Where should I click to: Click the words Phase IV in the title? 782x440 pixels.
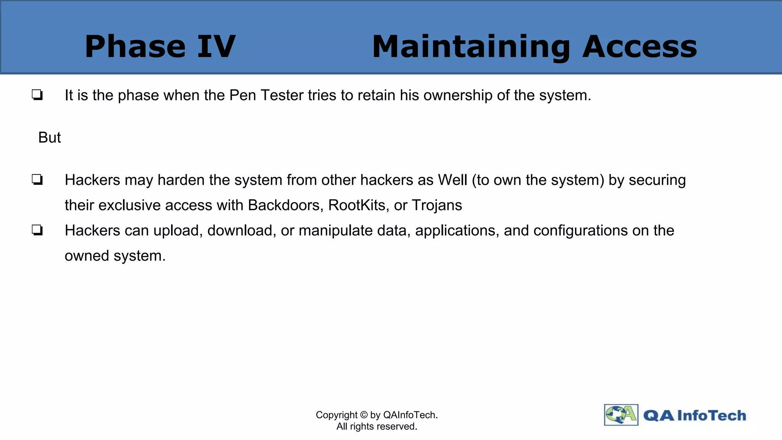tap(160, 47)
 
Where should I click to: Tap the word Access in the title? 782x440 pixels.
tap(640, 47)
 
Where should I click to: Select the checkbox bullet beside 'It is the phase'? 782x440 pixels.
tap(37, 95)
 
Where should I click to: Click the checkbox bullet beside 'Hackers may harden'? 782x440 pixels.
tap(37, 180)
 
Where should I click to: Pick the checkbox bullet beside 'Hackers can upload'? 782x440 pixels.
tap(37, 230)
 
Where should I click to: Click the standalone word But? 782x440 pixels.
tap(50, 137)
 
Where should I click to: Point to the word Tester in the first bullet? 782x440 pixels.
tap(282, 95)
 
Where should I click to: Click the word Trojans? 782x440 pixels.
tap(437, 205)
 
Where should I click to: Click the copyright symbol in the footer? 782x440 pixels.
tap(364, 415)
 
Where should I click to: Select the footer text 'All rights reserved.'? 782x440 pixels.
tap(377, 426)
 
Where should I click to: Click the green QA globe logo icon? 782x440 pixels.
tap(621, 415)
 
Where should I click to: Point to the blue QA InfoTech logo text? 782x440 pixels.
tap(695, 415)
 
